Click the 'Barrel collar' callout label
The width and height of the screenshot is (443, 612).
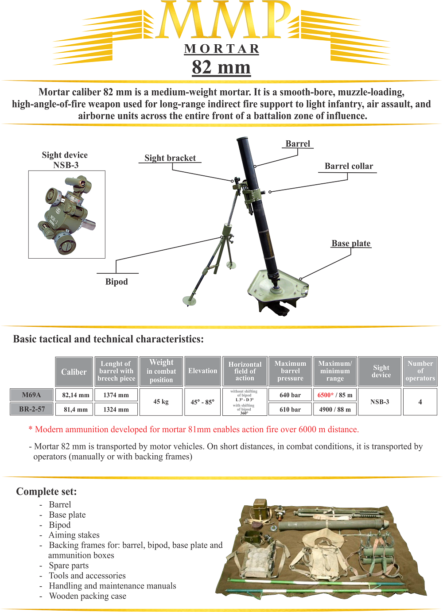coord(349,167)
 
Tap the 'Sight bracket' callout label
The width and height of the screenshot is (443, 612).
coord(170,158)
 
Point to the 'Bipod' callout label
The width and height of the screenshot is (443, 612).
coord(117,282)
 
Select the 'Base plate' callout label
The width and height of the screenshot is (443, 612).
coord(351,244)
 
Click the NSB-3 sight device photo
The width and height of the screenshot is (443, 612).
coord(67,214)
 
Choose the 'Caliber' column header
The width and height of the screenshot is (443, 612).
coord(74,372)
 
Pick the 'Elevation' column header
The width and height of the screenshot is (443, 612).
coord(202,371)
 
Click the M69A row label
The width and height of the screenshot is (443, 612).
coord(31,395)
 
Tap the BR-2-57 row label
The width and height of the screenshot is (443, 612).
coord(31,409)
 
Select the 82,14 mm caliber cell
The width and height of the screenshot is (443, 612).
coord(76,395)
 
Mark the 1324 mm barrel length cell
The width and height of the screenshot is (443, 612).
coord(116,410)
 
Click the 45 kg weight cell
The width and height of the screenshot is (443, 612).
coord(161,402)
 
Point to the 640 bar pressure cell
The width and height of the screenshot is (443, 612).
coord(290,395)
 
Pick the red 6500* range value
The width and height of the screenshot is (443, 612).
coord(325,395)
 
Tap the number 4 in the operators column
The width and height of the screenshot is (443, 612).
coord(420,402)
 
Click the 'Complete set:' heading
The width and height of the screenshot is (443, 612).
coord(47,492)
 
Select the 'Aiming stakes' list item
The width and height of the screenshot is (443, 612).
coord(74,535)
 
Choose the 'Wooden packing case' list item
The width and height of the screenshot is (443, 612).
coord(88,596)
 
